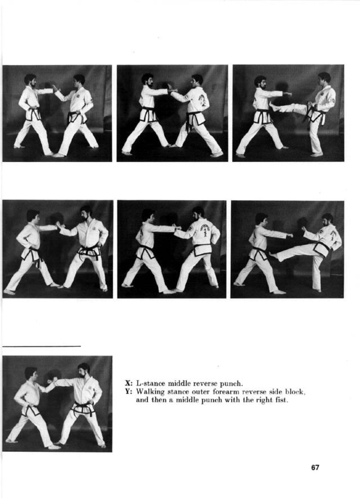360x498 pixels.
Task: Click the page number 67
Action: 315,467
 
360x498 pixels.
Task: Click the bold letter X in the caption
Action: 128,383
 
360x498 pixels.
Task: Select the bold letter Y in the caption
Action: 128,391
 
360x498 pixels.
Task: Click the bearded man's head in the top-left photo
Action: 31,81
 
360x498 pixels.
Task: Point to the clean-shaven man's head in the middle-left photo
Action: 33,217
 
